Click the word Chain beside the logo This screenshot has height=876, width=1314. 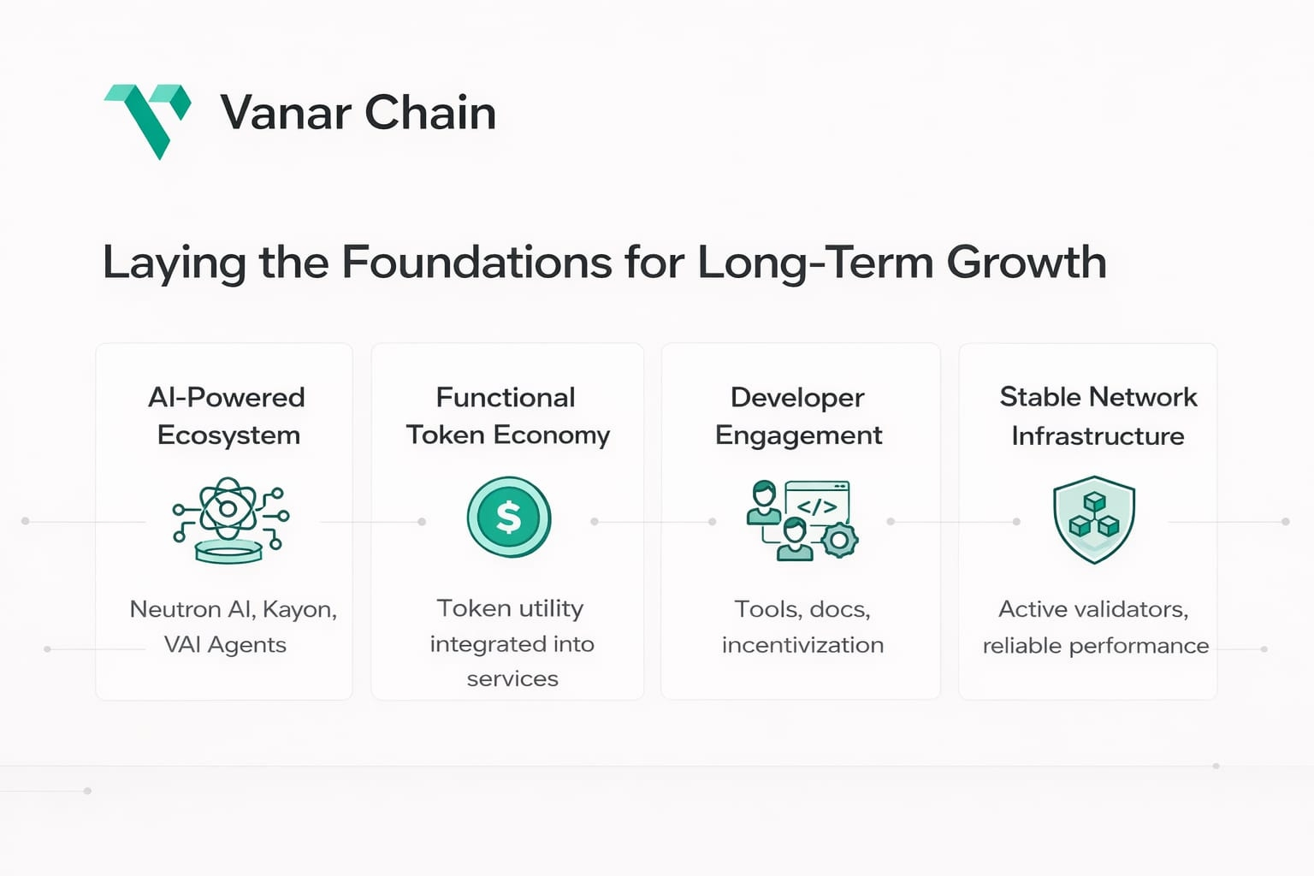tap(430, 112)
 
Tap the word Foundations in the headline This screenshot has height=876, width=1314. tap(476, 262)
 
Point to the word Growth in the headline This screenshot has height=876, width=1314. tap(1026, 262)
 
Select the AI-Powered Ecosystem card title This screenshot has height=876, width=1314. tap(227, 416)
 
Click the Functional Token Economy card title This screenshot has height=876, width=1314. tap(507, 416)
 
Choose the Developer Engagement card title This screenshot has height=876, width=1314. tap(798, 416)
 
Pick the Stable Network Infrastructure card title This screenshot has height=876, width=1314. tap(1098, 416)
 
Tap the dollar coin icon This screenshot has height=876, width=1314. tap(509, 517)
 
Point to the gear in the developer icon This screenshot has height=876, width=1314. tap(839, 540)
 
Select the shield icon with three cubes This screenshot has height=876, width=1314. tap(1094, 519)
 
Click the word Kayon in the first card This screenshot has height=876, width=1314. tap(299, 610)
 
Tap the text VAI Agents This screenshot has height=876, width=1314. tap(225, 645)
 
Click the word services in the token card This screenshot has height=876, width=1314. tap(512, 679)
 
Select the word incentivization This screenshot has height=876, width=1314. tap(802, 645)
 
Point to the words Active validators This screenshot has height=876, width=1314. tap(1093, 610)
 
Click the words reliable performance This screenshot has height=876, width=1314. tap(1096, 646)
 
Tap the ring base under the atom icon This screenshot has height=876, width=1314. tap(228, 552)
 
